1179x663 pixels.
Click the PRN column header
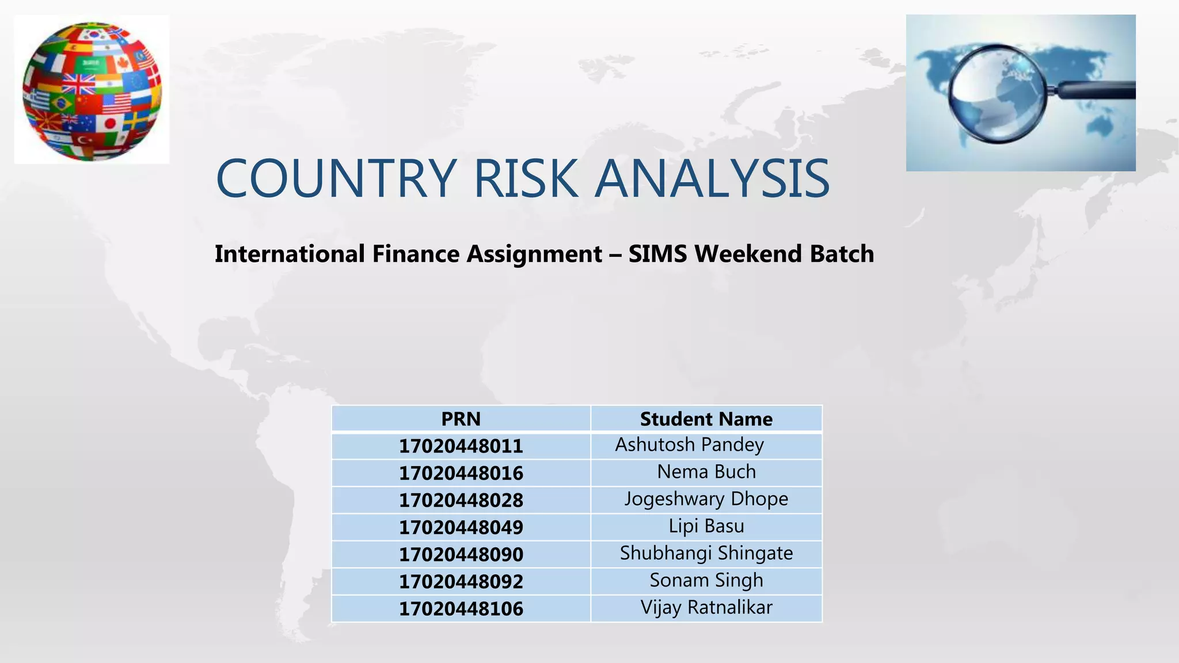[x=461, y=419]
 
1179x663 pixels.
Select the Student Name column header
[x=706, y=419]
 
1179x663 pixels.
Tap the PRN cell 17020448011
[x=461, y=446]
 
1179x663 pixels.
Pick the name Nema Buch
[x=706, y=472]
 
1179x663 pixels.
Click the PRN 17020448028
[x=461, y=500]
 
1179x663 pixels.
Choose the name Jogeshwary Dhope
[x=706, y=499]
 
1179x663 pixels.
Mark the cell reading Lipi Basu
[x=706, y=526]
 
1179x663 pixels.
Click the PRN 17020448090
[x=461, y=554]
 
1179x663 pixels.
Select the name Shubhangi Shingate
[x=706, y=553]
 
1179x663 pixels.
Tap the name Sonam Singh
[x=706, y=580]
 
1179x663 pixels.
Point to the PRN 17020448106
[x=461, y=608]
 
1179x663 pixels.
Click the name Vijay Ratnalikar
[x=706, y=607]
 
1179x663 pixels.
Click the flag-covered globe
[x=92, y=91]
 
